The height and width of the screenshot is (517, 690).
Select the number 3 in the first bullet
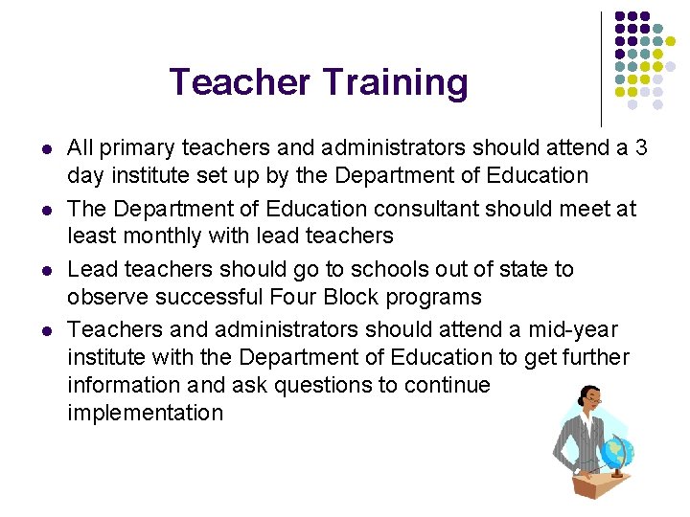(x=641, y=147)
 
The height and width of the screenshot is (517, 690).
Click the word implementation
(x=145, y=414)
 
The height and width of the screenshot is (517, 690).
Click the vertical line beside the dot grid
(x=602, y=67)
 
